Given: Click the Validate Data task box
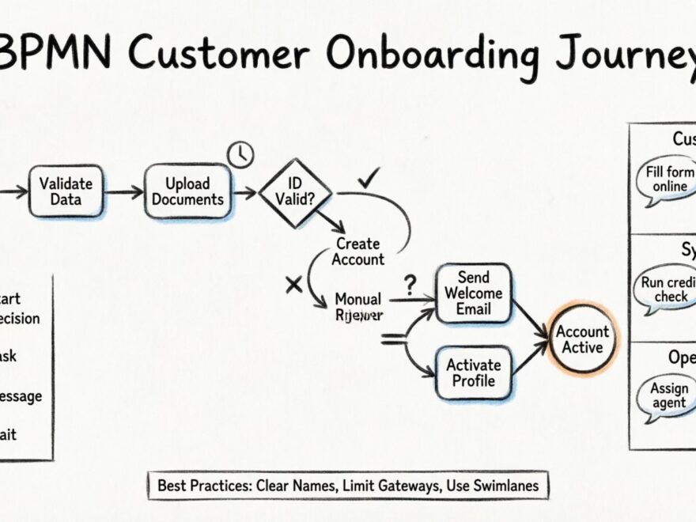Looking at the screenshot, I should point(66,191).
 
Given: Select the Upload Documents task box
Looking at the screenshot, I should point(188,191).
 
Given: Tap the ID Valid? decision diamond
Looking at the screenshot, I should point(294,191).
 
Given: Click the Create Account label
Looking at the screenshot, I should point(357,252).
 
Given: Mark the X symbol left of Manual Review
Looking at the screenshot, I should point(293,285).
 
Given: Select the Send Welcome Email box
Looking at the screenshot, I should point(473,293).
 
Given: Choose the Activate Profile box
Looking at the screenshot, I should point(473,373).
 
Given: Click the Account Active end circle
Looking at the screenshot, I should point(583,339).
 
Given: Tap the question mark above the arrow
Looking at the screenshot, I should point(409,282).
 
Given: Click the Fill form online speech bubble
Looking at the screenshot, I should point(667,180).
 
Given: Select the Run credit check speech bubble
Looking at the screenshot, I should point(667,289).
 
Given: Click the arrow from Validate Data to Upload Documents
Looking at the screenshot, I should point(123,192).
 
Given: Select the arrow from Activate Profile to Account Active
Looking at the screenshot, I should point(531,355).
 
